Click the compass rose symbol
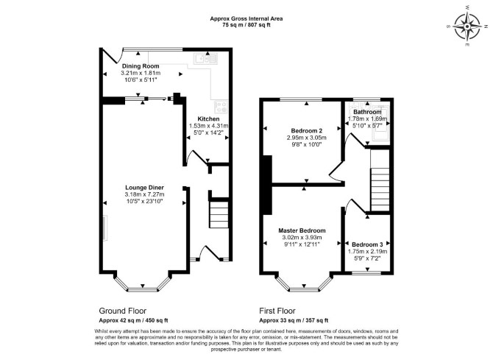point(467,27)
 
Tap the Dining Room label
point(141,66)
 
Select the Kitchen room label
point(208,119)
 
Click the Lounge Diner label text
point(144,188)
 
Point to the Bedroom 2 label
point(307,130)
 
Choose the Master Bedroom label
point(302,230)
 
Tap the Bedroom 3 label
point(367,244)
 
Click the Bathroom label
point(367,112)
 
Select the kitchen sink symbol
point(205,59)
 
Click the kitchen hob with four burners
point(221,107)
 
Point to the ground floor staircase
point(219,215)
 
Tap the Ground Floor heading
point(123,311)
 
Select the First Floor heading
point(277,311)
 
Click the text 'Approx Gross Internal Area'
point(246,18)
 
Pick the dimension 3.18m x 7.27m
point(144,194)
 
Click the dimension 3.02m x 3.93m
point(302,238)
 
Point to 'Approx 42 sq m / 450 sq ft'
point(134,321)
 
